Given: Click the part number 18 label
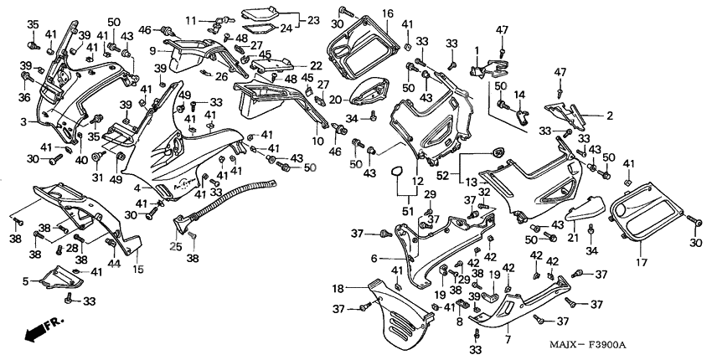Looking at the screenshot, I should click(337, 288).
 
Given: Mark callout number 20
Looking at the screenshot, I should click(335, 100).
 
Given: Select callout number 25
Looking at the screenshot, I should click(175, 245).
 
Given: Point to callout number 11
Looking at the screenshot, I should click(190, 19).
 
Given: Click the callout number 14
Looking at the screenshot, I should click(519, 95).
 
